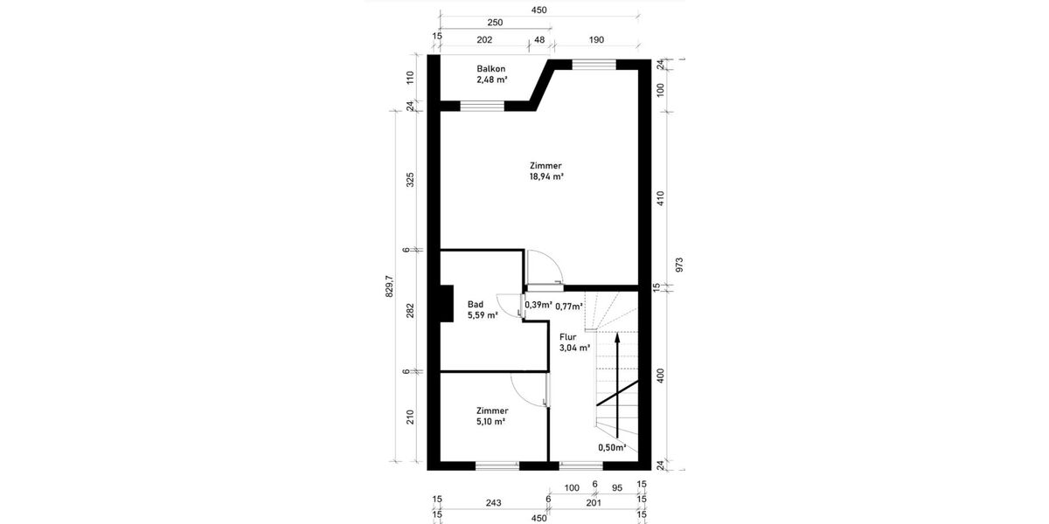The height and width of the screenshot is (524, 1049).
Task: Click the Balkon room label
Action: tap(490, 69)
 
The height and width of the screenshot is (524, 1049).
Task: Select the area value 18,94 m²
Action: tap(545, 176)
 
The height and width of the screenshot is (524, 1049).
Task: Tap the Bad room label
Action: tap(476, 305)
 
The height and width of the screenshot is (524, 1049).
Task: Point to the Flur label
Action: tap(567, 336)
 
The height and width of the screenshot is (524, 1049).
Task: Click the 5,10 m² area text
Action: tap(490, 421)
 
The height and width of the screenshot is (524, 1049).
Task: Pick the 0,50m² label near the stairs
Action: tap(612, 447)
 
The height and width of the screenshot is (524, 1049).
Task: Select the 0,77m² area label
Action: tap(569, 306)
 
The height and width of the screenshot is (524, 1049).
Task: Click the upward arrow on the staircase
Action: tap(617, 384)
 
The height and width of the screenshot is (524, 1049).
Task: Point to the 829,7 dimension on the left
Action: tap(390, 287)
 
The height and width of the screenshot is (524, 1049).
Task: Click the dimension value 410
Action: tap(661, 199)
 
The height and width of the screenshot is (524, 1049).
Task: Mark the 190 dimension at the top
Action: tap(597, 40)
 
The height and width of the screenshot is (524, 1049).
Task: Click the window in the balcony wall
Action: tap(483, 107)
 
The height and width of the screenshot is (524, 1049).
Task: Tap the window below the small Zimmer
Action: tap(497, 465)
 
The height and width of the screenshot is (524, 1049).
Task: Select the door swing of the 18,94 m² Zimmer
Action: tap(541, 265)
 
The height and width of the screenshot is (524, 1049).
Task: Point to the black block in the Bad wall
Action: tap(446, 305)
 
